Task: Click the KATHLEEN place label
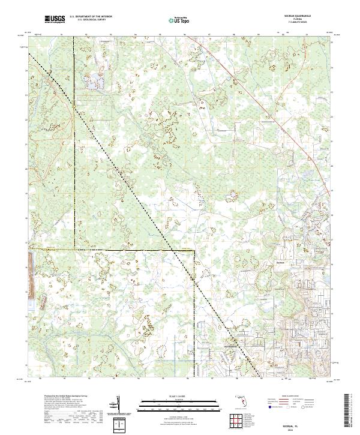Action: [x=232, y=346]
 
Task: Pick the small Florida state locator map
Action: [x=242, y=401]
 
